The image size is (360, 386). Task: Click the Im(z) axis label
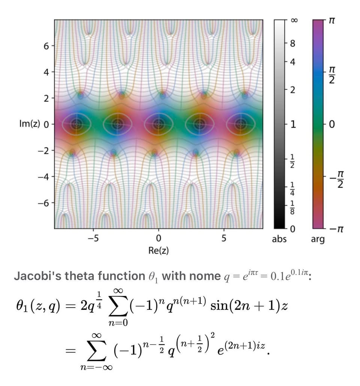pos(29,124)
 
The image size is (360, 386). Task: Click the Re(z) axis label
pos(159,250)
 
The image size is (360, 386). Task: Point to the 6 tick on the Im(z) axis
pos(46,46)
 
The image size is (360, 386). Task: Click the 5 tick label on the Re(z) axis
pos(224,238)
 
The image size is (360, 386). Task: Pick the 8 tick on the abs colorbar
pos(293,44)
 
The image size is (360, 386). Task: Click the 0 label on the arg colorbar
pos(331,124)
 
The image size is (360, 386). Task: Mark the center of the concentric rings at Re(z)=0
pos(159,124)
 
